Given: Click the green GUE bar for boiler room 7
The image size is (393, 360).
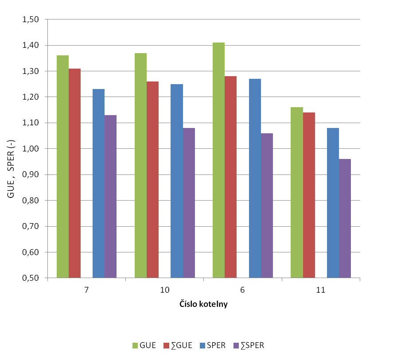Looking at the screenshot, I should coord(62,166).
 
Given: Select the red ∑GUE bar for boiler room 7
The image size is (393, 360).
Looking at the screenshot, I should coord(74,173).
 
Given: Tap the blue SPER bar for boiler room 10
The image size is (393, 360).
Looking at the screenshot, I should coord(176,181).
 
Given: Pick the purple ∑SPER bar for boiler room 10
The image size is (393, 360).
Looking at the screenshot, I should coord(189,203).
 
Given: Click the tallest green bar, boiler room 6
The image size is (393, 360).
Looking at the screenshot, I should coord(218,160).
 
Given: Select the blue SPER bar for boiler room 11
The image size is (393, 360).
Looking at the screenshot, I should coord(333,203).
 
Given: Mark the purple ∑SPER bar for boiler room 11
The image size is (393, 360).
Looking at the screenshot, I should coord(345,218).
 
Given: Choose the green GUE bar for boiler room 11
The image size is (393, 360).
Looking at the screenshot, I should coord(296,193).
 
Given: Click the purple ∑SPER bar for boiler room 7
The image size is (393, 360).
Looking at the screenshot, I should coord(110,197).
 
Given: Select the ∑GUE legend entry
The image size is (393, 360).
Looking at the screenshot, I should coord(178,345).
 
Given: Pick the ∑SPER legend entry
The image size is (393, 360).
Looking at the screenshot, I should coord(248,345).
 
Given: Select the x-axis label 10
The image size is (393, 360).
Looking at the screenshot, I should coord(164,290).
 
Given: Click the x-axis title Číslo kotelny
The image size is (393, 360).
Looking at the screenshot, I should coord(204,305).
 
